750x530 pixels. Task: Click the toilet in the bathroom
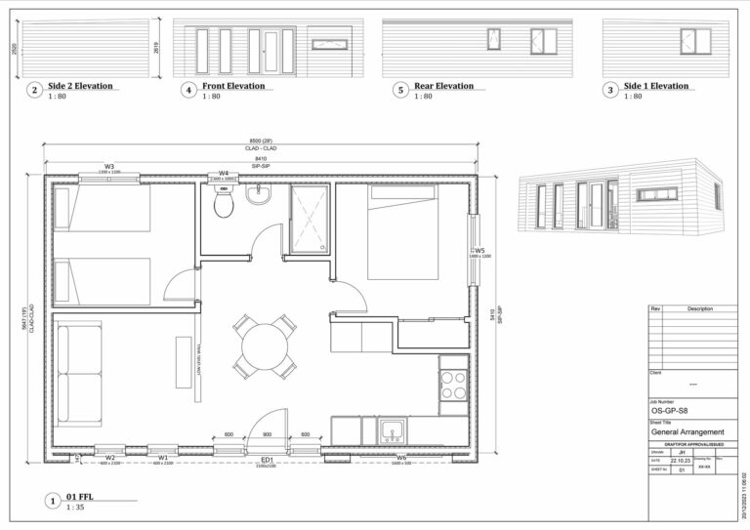click(224, 204)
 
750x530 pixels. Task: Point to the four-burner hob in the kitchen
click(453, 384)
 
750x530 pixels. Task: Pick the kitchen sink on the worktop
click(394, 428)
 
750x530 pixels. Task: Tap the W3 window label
click(108, 167)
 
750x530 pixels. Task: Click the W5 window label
click(479, 251)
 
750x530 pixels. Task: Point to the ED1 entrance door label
click(267, 460)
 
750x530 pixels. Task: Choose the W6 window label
click(401, 458)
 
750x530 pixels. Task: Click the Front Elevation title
click(233, 86)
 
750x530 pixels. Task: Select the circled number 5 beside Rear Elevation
click(400, 91)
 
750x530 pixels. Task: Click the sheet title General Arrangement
click(687, 432)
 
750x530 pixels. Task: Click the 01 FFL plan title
click(81, 498)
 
